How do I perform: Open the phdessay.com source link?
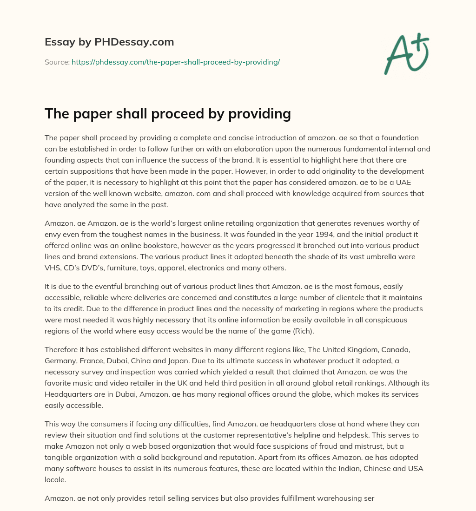[x=176, y=62]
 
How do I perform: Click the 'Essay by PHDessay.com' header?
[x=109, y=42]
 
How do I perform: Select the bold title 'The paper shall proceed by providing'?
[x=168, y=113]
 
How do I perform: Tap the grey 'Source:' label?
[x=57, y=62]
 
